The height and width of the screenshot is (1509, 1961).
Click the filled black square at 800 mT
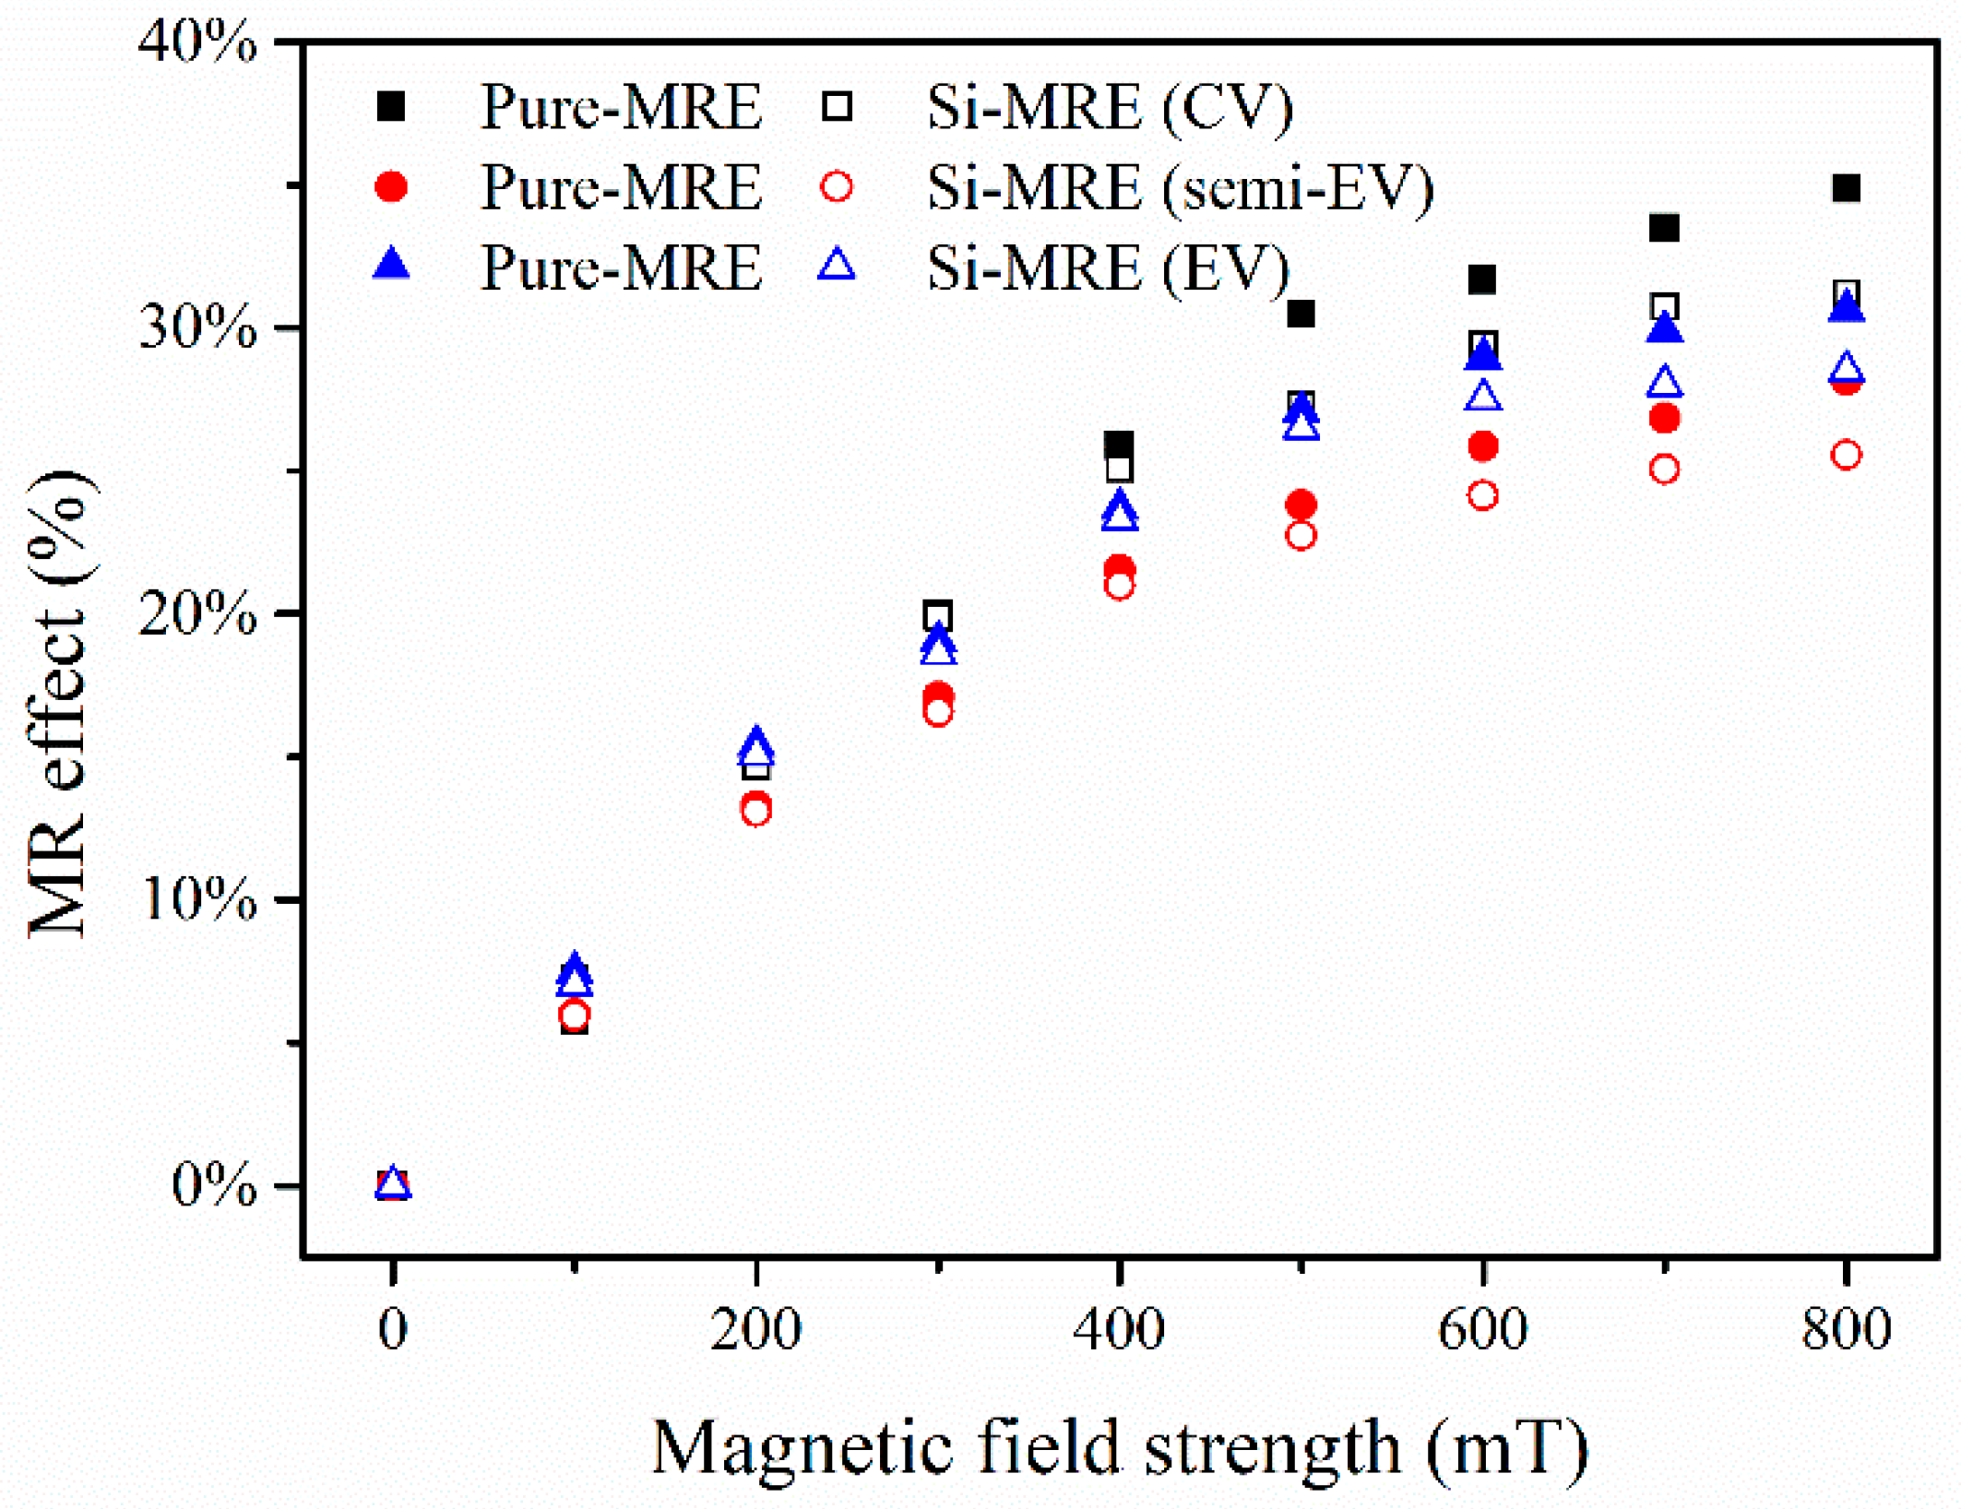point(1846,188)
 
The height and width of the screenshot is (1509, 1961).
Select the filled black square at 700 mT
point(1664,227)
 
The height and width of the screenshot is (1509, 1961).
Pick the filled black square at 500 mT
point(1301,314)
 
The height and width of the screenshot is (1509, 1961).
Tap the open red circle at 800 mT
point(1846,455)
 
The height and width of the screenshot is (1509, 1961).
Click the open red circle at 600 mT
point(1482,495)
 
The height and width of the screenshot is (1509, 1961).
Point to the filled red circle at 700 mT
point(1664,418)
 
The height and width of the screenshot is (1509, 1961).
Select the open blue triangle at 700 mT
point(1664,382)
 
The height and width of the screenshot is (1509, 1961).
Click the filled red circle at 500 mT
point(1301,505)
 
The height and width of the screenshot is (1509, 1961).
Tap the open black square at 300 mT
point(938,615)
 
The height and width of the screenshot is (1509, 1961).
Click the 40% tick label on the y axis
point(197,42)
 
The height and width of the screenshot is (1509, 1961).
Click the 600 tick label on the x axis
point(1482,1329)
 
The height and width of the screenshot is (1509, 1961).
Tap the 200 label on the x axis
point(755,1329)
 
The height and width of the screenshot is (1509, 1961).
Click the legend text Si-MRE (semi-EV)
point(1181,188)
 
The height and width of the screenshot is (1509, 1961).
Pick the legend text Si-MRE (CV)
point(1110,107)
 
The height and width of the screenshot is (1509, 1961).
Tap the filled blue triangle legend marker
point(391,265)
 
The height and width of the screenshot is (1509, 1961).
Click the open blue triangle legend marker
point(837,265)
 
